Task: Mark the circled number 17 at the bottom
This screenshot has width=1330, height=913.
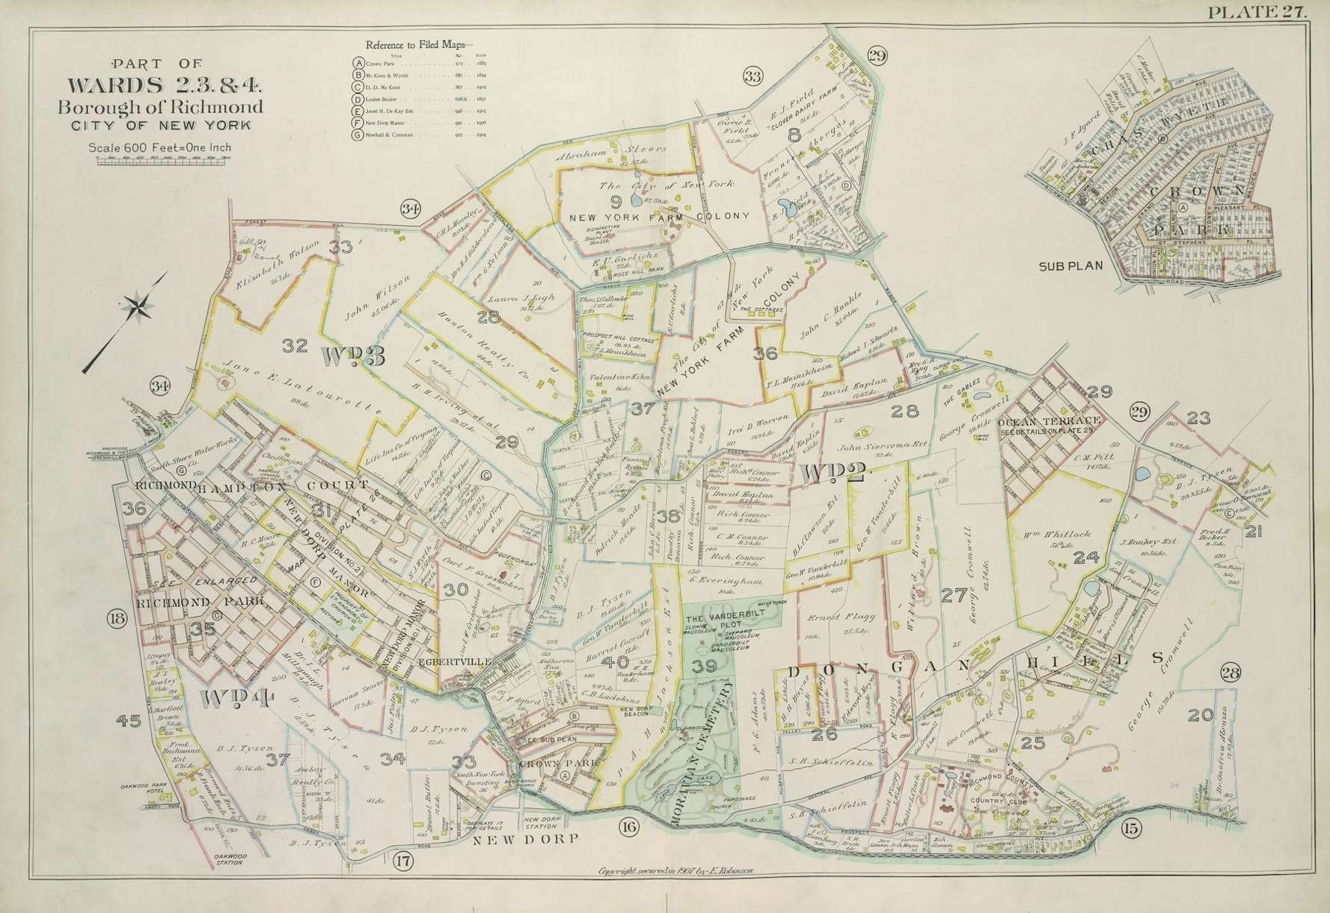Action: tap(403, 861)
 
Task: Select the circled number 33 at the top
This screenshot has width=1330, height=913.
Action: tap(753, 76)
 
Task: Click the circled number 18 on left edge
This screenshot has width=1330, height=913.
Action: tap(117, 618)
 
